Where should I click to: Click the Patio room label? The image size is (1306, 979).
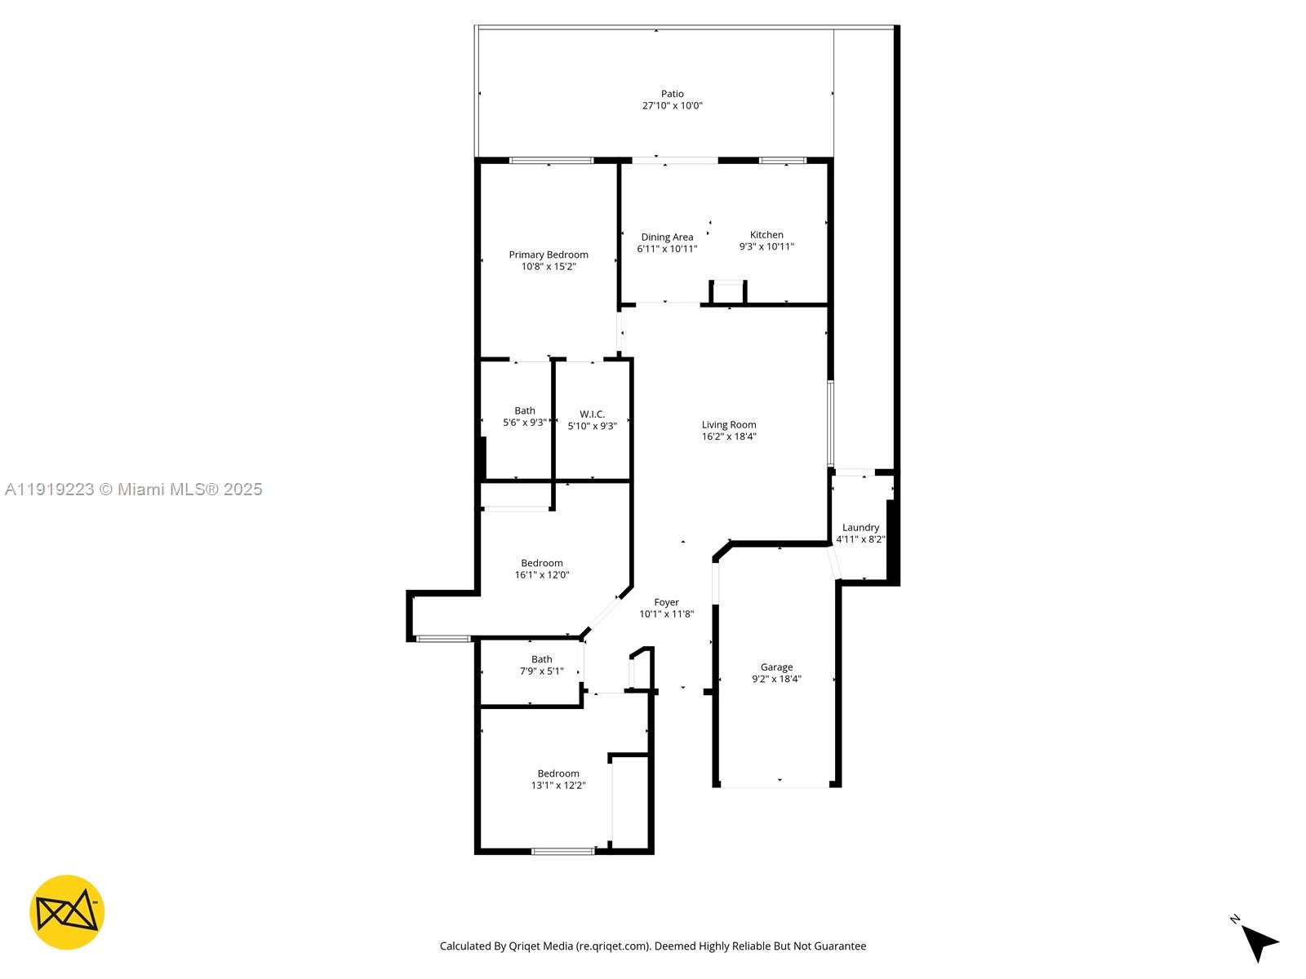coord(672,94)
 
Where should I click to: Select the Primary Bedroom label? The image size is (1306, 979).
coord(548,255)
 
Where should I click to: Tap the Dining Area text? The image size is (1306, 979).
coord(666,237)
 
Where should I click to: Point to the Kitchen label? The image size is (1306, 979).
coord(766,235)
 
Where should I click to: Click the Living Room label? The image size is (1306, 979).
coord(728,424)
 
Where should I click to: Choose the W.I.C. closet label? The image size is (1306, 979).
coord(592,414)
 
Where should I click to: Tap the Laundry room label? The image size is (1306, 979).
coord(860,527)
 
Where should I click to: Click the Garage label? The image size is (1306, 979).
coord(776,667)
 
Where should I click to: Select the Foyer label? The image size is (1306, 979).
coord(666,602)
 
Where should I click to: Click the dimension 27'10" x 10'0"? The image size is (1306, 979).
coord(672,106)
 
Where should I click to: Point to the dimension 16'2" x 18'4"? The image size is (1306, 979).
coord(728,436)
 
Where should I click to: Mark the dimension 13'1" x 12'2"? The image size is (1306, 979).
coord(557,785)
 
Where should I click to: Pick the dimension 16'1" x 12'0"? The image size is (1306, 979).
coord(541,575)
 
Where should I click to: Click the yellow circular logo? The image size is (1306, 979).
coord(67,912)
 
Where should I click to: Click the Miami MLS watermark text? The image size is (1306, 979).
coord(133,489)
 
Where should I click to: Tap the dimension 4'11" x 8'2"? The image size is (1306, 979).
coord(860,539)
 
